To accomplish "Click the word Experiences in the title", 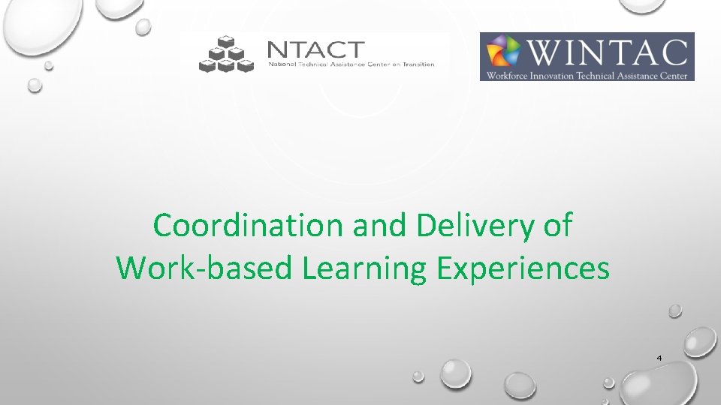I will click(520, 268).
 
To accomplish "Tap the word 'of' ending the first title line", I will click(556, 225).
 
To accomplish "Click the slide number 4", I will click(659, 358).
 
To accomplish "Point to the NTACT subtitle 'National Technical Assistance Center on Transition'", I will click(351, 64).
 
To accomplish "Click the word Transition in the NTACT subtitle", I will click(419, 64).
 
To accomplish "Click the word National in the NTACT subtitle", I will click(282, 64).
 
